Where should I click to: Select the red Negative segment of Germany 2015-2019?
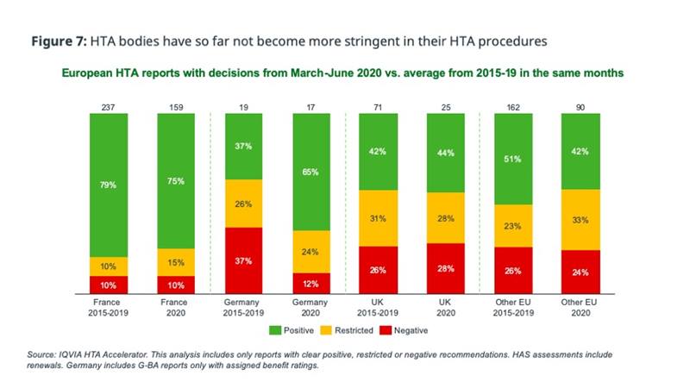[x=243, y=261]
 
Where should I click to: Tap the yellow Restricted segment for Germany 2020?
[x=311, y=252]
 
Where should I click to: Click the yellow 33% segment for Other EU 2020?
[x=580, y=220]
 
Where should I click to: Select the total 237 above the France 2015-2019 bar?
[x=108, y=108]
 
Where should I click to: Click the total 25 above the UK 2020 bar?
[x=445, y=108]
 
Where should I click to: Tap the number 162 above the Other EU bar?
[x=513, y=108]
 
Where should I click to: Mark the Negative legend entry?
[x=406, y=329]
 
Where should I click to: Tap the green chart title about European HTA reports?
[x=342, y=74]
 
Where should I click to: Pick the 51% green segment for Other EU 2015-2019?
[x=513, y=159]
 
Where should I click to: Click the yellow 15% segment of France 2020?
[x=176, y=262]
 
